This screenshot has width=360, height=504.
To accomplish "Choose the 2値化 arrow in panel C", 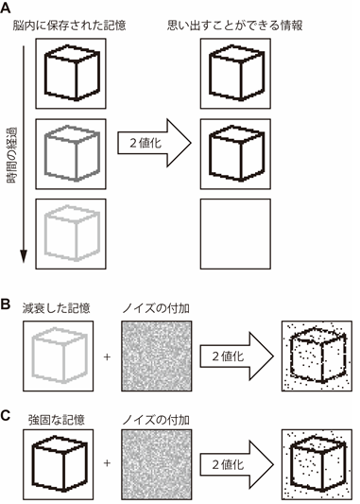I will [x=232, y=464].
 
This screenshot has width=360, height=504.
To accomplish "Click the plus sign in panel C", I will [x=107, y=465].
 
